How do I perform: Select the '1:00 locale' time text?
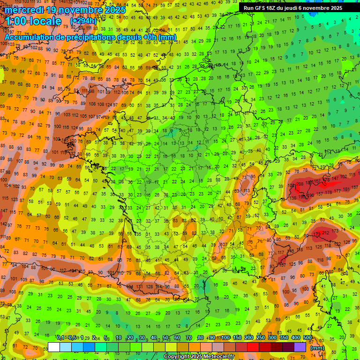tap(34, 22)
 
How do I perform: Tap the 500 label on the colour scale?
tap(307, 338)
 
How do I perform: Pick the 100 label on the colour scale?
tap(225, 338)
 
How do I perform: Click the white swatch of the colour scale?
tap(54, 347)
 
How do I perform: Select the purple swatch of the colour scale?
tap(300, 347)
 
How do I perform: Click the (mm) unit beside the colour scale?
tap(317, 348)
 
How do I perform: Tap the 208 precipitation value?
tap(300, 184)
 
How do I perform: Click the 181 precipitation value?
tap(347, 189)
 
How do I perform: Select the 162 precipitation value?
tap(344, 177)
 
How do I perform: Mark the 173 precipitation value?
tap(317, 233)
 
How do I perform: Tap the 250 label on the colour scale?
tap(261, 338)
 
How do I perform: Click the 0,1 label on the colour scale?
tap(60, 338)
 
